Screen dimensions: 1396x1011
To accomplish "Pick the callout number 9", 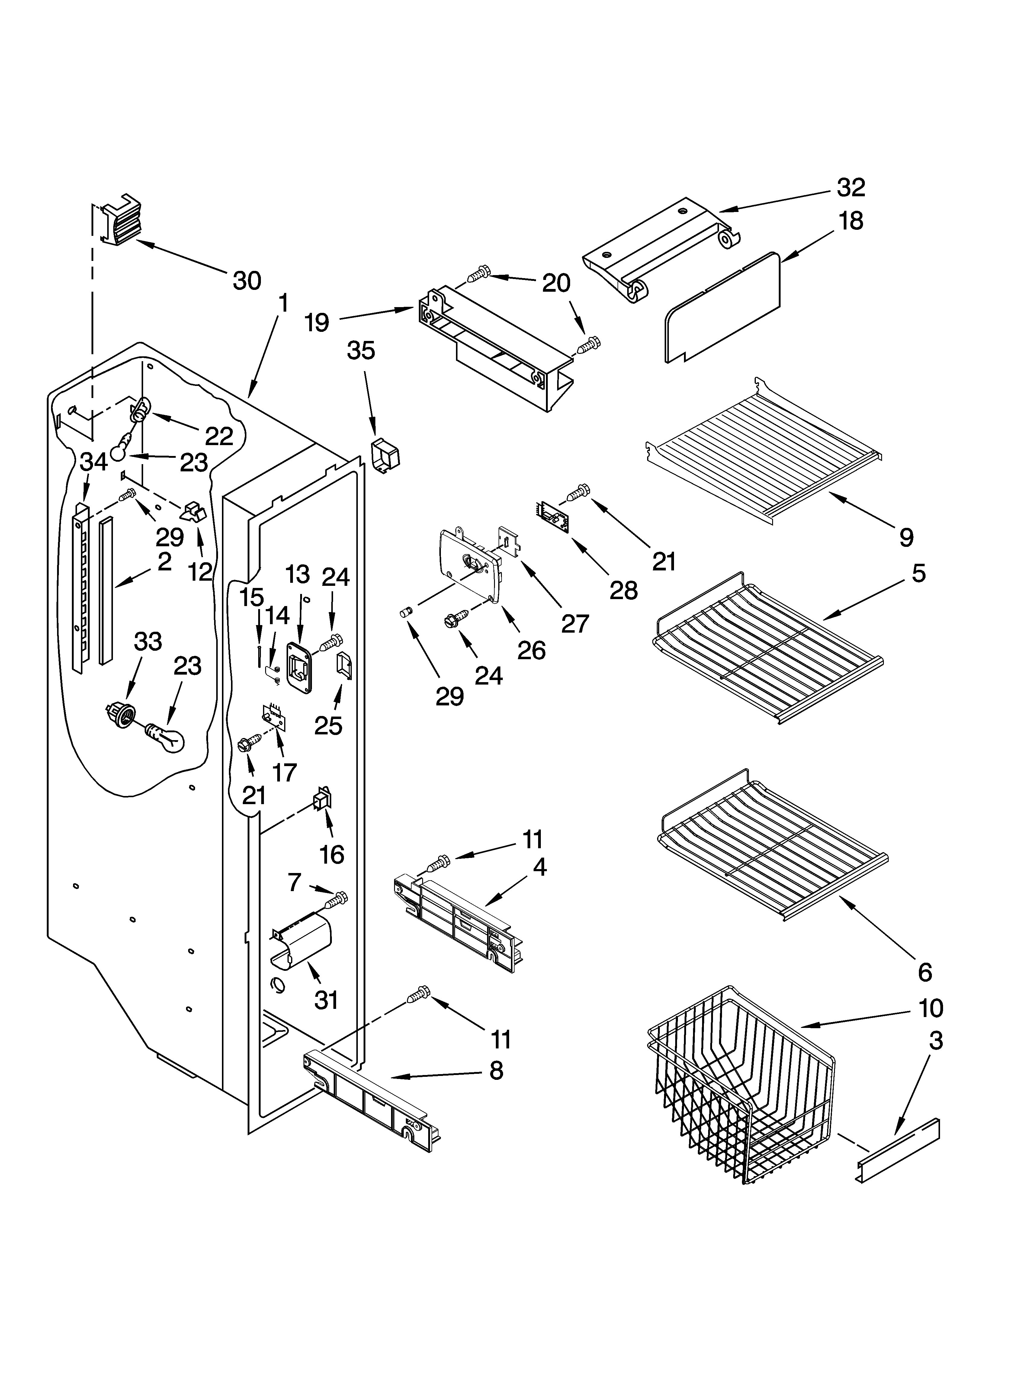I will point(906,537).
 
